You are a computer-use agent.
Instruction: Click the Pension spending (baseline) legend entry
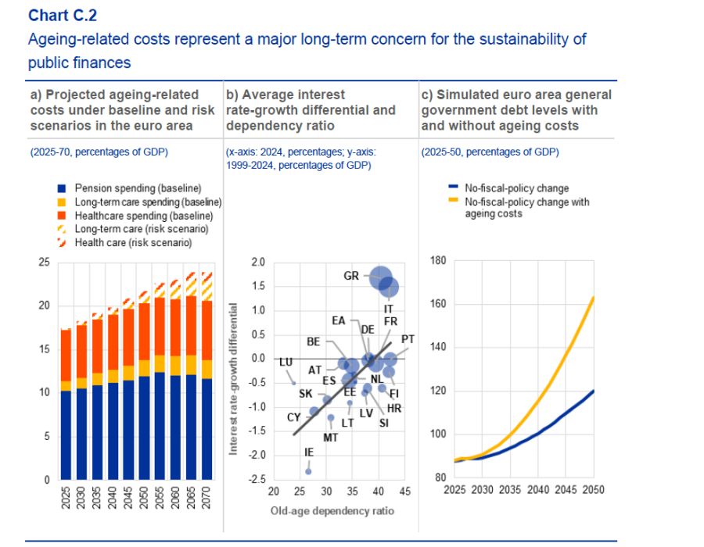[x=138, y=188]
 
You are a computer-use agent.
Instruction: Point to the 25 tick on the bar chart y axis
[x=44, y=263]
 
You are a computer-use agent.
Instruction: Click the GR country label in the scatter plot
[x=351, y=276]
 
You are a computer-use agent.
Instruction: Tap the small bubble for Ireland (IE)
[x=308, y=471]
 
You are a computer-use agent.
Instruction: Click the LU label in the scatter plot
[x=286, y=363]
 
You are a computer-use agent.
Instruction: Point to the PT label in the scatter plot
[x=408, y=340]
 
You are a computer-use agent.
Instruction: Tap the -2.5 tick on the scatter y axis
[x=257, y=479]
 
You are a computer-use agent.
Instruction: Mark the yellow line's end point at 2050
[x=594, y=297]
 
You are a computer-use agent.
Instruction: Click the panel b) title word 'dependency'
[x=262, y=125]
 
